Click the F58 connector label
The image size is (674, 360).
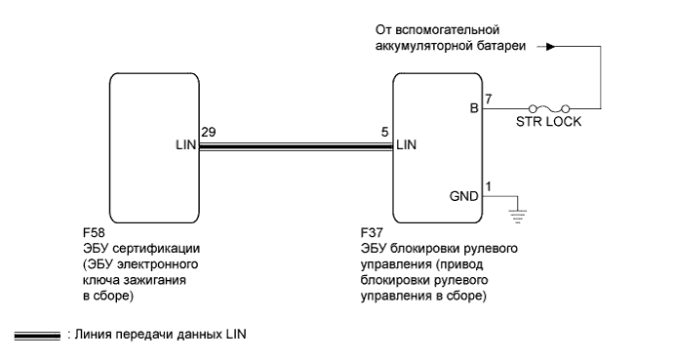95,235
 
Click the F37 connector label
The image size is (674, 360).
372,235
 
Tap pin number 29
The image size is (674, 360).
207,131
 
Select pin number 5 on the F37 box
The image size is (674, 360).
386,131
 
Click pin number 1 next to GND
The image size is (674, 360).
488,183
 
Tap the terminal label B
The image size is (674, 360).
474,110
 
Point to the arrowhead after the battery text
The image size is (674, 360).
553,45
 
